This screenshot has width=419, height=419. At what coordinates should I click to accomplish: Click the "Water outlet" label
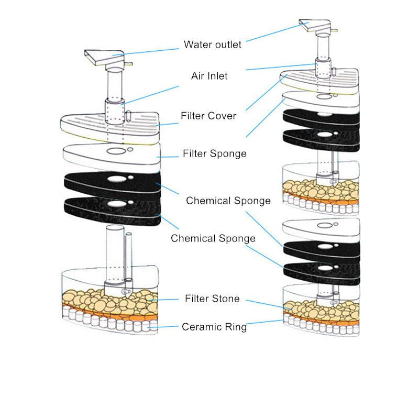click(x=213, y=45)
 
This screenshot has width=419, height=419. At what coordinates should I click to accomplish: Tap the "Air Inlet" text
click(x=209, y=76)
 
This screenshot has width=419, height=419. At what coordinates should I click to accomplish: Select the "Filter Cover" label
click(x=208, y=115)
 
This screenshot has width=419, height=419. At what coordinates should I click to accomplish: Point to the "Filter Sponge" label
click(x=214, y=153)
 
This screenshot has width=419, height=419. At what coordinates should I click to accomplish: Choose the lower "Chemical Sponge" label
click(x=213, y=238)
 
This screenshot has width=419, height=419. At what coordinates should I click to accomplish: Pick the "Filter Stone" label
click(x=212, y=299)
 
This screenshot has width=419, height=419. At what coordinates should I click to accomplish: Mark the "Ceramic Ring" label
click(x=214, y=327)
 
